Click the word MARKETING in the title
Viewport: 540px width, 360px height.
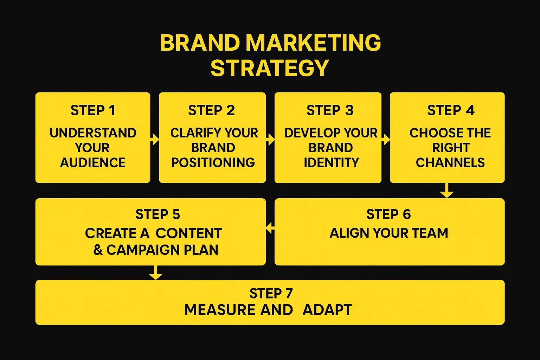coord(313,43)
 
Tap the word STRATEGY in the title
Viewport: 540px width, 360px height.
coord(270,68)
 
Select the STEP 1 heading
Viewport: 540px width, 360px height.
coord(93,111)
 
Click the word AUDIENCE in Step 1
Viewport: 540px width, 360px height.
coord(93,163)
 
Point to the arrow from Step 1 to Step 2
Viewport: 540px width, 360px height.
coord(154,140)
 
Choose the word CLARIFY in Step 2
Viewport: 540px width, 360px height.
coord(192,133)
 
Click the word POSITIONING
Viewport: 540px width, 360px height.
coord(213,163)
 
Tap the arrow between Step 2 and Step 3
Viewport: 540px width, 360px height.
coord(270,140)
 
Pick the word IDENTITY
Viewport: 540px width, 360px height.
coord(331,163)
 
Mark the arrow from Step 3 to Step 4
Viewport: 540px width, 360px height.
coord(386,140)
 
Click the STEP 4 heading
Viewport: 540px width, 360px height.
coord(451,111)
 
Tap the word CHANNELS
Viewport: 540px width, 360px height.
coord(450,163)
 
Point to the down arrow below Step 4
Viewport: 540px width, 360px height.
coord(447,191)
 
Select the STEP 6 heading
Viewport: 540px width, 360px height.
coord(388,214)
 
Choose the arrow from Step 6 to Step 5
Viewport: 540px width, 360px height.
coord(270,228)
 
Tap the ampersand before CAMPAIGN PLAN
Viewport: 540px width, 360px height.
coord(98,250)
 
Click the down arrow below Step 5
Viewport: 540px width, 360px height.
coord(155,272)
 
